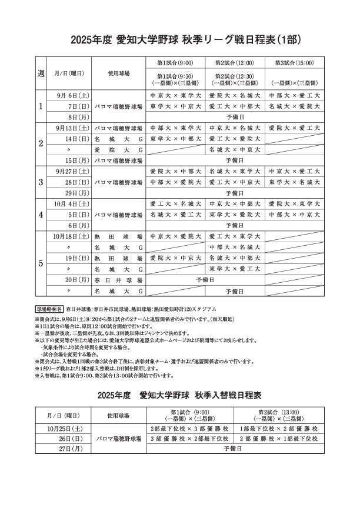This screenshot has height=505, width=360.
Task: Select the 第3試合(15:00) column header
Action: pos(294,63)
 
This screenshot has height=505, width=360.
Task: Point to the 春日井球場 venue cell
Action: pos(118,280)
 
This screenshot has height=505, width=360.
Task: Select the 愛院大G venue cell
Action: pos(118,150)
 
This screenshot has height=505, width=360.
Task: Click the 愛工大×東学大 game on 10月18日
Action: pos(235,236)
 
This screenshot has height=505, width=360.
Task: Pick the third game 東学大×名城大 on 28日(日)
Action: pos(294,183)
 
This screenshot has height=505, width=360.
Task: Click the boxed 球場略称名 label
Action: pos(49,308)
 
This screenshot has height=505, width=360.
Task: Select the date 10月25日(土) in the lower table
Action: pos(65,429)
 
